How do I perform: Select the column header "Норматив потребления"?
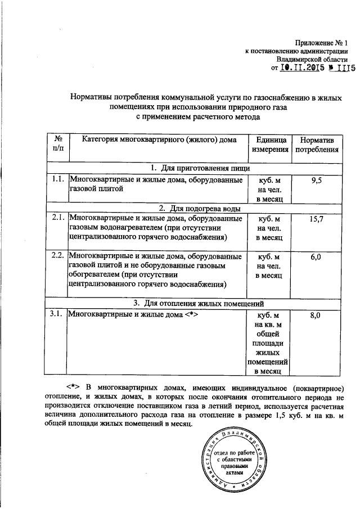click(317, 145)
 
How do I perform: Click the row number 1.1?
click(55, 179)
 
